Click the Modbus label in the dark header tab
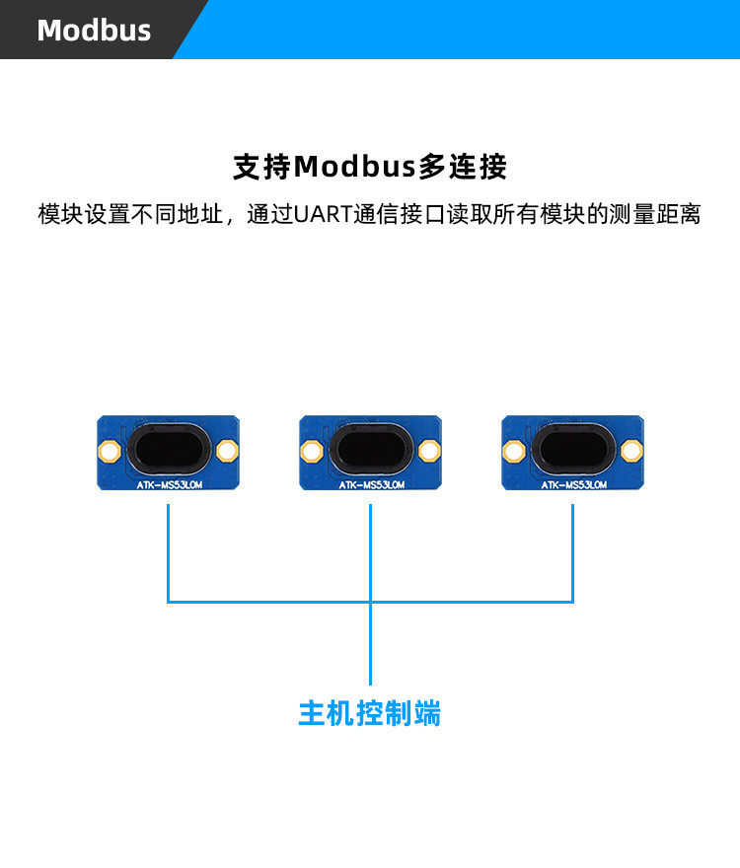[94, 30]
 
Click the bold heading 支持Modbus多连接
[370, 166]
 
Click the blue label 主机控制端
[370, 713]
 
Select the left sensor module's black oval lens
[168, 451]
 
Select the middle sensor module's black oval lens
[370, 451]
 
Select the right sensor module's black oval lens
[572, 451]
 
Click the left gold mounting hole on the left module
[109, 452]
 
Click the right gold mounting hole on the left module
[227, 452]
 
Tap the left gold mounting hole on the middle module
[311, 452]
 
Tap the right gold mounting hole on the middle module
[429, 452]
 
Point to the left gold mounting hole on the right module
[513, 452]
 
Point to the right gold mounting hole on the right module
[631, 452]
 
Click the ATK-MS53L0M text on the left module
[168, 484]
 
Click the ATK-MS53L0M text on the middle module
[370, 484]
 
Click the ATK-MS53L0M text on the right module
[572, 484]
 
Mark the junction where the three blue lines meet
[370, 601]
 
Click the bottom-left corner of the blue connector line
[169, 601]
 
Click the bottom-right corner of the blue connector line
[572, 601]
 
